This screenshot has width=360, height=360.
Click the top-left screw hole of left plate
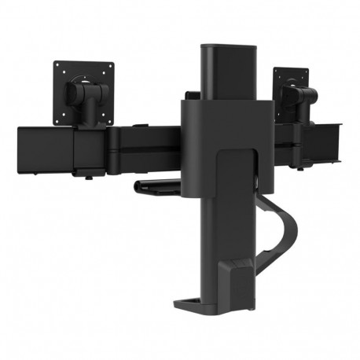[60, 66]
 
